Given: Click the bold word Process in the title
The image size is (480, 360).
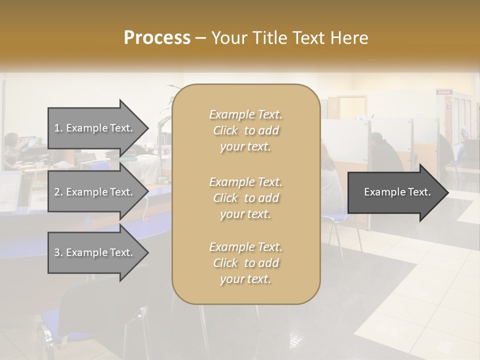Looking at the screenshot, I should click(x=157, y=38).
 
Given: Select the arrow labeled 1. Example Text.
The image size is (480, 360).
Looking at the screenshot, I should click(x=95, y=128).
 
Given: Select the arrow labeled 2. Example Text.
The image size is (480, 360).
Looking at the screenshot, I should click(x=95, y=192).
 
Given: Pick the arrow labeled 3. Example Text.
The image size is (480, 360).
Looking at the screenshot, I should click(x=95, y=252).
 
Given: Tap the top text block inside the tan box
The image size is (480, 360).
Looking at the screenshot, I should click(x=245, y=130).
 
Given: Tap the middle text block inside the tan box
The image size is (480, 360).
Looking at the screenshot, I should click(x=245, y=197).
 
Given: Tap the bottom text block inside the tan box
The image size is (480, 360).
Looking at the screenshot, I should click(x=245, y=263).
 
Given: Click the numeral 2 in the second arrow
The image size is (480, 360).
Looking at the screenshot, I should click(x=57, y=192).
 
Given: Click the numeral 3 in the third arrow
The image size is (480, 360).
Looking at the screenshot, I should click(x=57, y=252).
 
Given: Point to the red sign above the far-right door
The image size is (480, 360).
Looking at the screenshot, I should click(x=443, y=92).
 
